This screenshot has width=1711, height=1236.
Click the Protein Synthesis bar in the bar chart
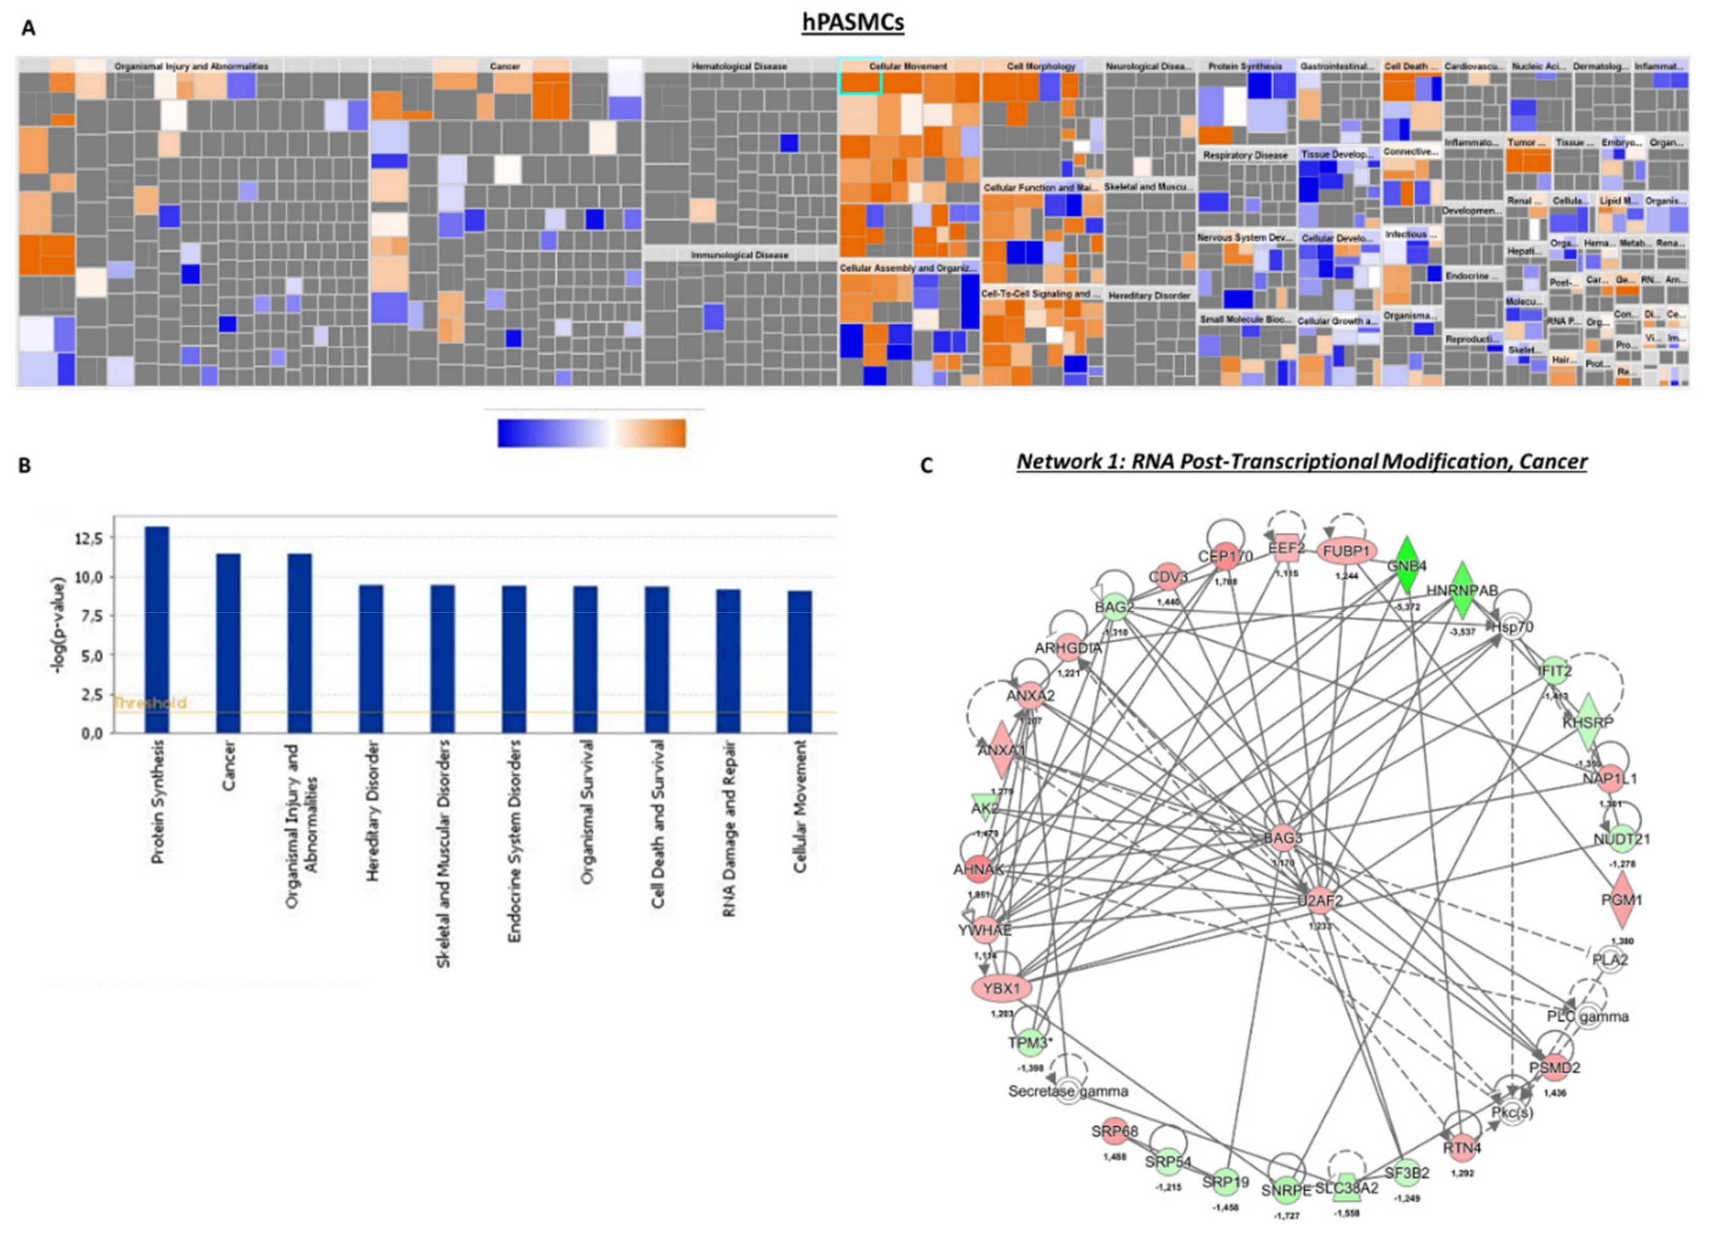[x=157, y=629]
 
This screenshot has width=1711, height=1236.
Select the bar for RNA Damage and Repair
[x=728, y=660]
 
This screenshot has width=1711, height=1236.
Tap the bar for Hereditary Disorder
[x=371, y=658]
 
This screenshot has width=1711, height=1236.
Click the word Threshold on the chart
[x=150, y=703]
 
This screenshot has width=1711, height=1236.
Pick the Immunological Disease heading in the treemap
[x=739, y=255]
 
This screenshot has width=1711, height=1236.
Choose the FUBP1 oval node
[x=1346, y=552]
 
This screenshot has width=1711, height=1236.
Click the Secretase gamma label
[x=1068, y=1091]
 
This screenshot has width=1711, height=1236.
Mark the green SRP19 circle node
[x=1226, y=1181]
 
